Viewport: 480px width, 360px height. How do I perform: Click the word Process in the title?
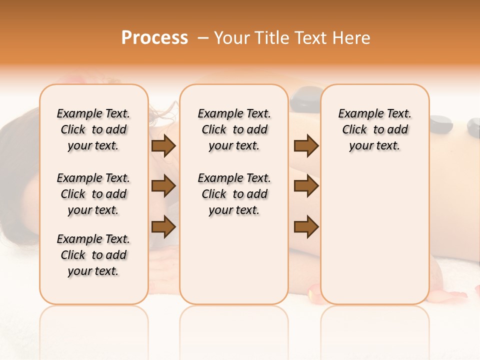[x=154, y=38]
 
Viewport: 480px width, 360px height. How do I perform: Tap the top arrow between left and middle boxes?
[x=163, y=145]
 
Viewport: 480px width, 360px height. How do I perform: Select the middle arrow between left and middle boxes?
[x=163, y=186]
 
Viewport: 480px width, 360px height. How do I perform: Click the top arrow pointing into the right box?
[x=306, y=145]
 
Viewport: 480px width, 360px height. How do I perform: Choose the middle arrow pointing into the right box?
[x=306, y=186]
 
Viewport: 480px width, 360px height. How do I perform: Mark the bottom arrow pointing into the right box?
[x=306, y=226]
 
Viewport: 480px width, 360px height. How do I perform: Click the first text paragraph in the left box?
[x=93, y=129]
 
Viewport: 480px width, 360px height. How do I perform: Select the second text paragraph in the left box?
[x=93, y=194]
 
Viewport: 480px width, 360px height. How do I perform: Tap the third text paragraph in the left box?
[x=93, y=255]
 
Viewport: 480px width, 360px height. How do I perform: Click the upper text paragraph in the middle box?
[x=234, y=129]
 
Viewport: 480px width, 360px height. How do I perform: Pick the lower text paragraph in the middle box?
[x=234, y=194]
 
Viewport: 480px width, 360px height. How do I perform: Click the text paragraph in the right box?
[x=375, y=129]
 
